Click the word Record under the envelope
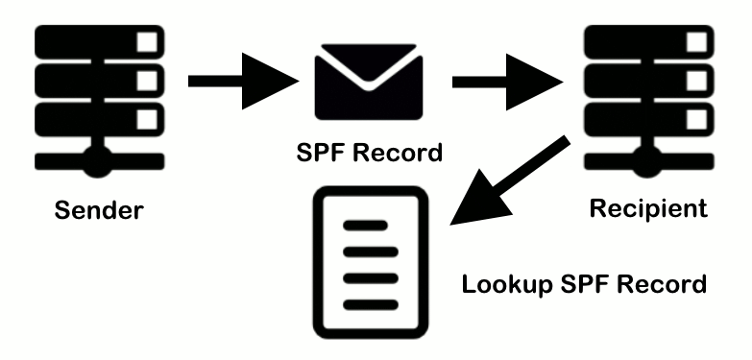[x=400, y=154]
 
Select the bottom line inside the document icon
[x=366, y=297]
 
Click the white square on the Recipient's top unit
[x=689, y=44]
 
